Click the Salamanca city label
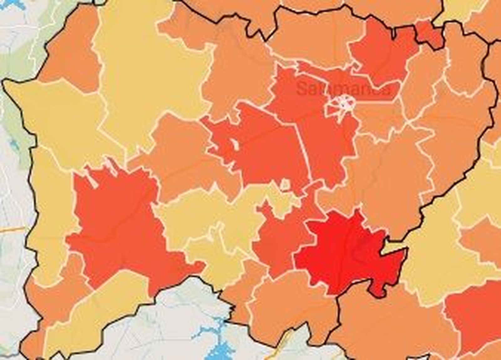click(x=343, y=89)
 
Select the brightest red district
click(x=344, y=254)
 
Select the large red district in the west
click(x=119, y=225)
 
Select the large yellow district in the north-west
click(x=150, y=78)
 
